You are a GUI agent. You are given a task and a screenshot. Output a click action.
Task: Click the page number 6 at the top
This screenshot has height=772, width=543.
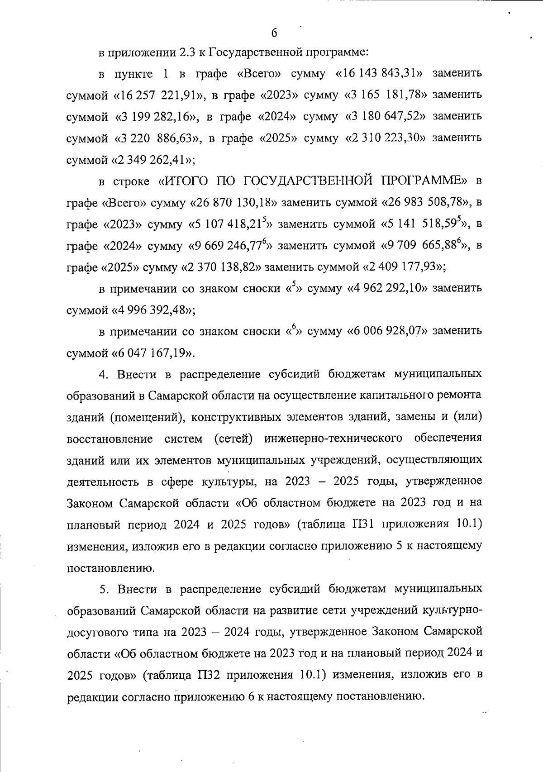tap(274, 33)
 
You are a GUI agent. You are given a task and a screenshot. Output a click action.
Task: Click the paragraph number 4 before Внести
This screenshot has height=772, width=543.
tap(103, 375)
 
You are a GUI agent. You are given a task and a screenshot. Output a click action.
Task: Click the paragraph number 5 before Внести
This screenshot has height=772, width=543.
tap(103, 590)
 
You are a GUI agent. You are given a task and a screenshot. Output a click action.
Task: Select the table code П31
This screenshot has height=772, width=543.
tap(361, 524)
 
